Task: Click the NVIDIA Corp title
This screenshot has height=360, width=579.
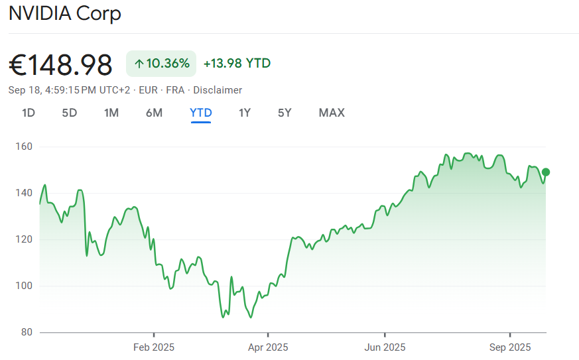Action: click(65, 14)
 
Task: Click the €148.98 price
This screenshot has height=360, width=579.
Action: click(60, 65)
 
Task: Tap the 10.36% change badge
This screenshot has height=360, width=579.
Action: click(161, 64)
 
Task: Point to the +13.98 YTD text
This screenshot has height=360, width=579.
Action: click(237, 64)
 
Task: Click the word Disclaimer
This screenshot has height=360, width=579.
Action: click(218, 90)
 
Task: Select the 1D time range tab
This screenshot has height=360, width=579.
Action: click(29, 113)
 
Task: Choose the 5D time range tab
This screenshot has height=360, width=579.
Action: click(70, 113)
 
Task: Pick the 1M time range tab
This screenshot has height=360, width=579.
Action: click(111, 113)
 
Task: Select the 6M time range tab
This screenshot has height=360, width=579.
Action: click(154, 113)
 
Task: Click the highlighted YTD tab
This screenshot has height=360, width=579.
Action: click(201, 113)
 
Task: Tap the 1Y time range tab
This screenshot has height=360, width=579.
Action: click(245, 113)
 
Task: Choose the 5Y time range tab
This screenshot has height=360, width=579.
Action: click(285, 113)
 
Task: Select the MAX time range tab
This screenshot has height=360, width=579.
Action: click(332, 113)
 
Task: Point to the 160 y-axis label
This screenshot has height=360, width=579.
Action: click(25, 147)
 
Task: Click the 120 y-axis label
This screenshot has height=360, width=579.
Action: click(25, 239)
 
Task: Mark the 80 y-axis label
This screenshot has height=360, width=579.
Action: click(27, 332)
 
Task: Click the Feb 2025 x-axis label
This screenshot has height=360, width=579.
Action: click(153, 347)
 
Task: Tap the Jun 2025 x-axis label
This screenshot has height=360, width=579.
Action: click(385, 347)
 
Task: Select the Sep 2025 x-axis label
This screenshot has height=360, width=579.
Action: click(510, 347)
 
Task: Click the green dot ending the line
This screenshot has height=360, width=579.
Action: click(546, 172)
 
